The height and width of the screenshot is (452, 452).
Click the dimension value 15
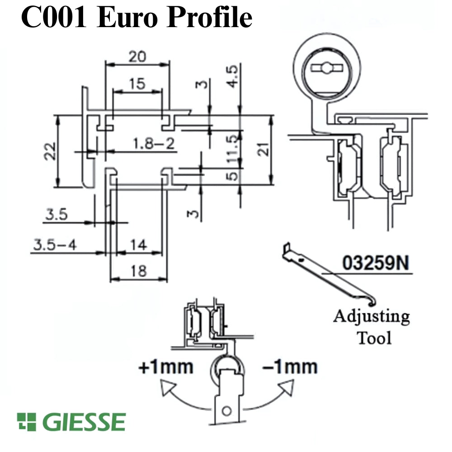[x=137, y=84]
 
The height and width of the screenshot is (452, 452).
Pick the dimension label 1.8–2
[x=154, y=144]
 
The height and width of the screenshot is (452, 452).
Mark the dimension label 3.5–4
[x=55, y=245]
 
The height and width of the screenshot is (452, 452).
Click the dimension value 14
[x=139, y=245]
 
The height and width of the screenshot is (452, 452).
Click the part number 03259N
[x=372, y=264]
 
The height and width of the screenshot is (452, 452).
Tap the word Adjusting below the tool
[x=372, y=317]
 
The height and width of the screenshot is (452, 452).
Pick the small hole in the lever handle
[x=227, y=410]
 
